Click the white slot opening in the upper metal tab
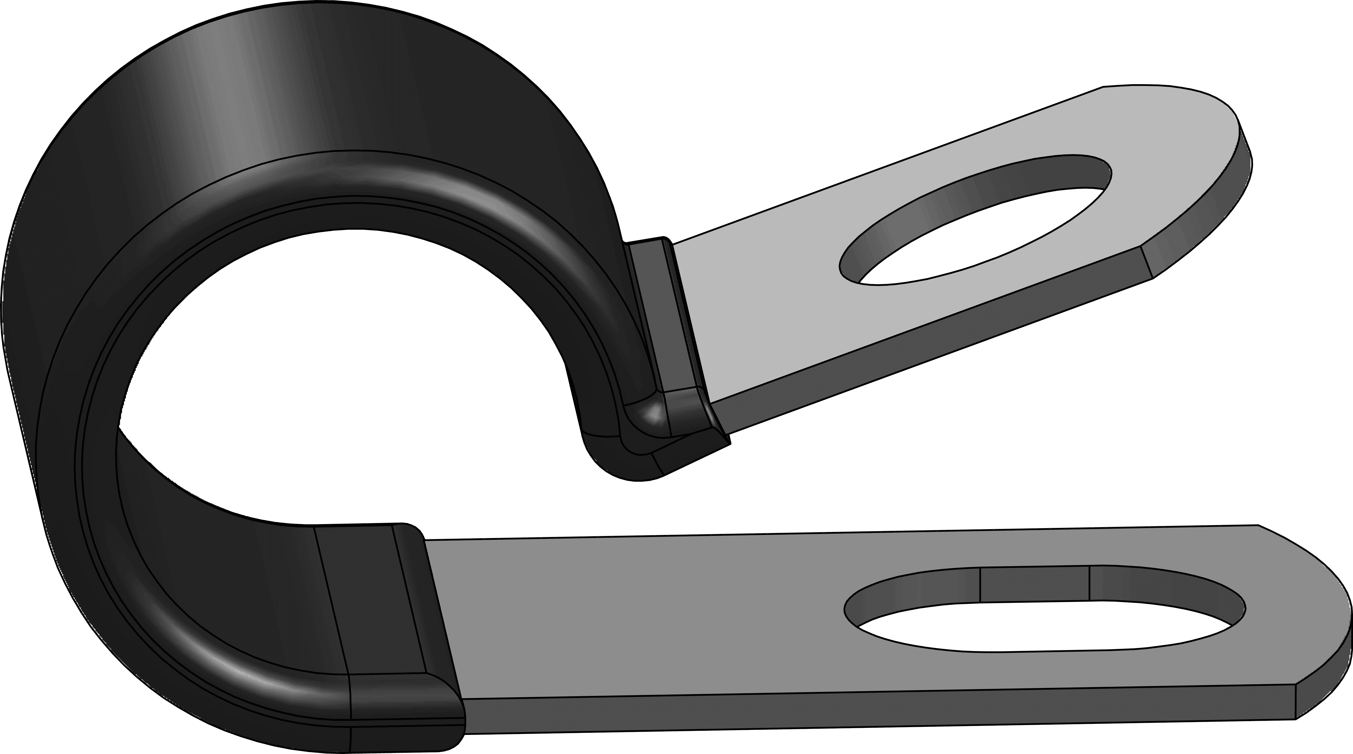tap(987, 237)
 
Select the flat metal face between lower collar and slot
tap(630, 609)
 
